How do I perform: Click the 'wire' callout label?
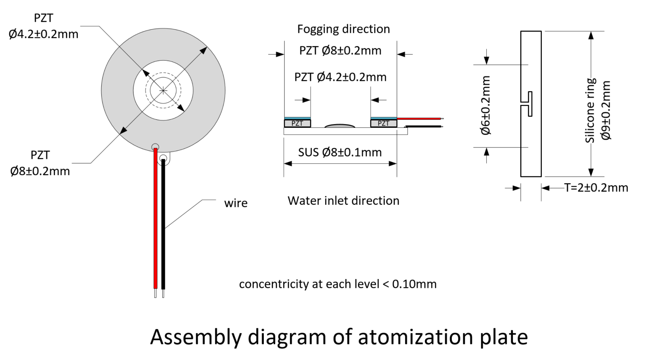[x=236, y=203]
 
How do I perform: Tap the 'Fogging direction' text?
[x=343, y=29]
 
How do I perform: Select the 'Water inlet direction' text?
[x=343, y=201]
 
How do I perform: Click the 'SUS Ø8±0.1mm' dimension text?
[x=340, y=152]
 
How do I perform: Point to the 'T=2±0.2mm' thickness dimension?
[x=596, y=188]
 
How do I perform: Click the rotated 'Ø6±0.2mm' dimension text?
[x=486, y=105]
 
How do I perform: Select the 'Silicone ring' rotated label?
[x=591, y=110]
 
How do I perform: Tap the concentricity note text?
[x=337, y=284]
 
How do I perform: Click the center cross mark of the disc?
[x=163, y=90]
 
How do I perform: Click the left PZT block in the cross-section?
[x=297, y=123]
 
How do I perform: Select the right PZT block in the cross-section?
[x=383, y=123]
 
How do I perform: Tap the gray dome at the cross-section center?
[x=340, y=126]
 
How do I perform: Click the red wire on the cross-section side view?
[x=419, y=119]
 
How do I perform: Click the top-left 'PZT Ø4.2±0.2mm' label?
[x=44, y=26]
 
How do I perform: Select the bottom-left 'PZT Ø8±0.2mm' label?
[x=40, y=163]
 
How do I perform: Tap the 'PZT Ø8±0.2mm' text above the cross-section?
[x=340, y=51]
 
